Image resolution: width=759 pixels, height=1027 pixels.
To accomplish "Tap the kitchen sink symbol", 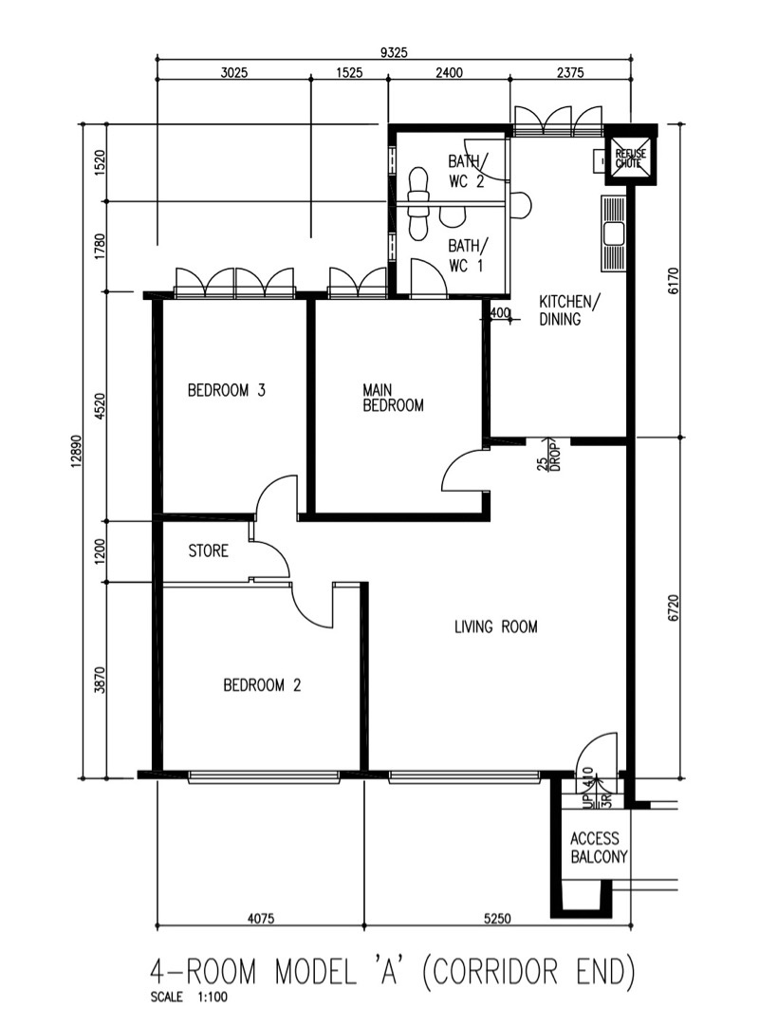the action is click(x=614, y=233).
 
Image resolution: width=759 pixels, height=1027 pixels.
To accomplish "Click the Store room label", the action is click(x=208, y=551).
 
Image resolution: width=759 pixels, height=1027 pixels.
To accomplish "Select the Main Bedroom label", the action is click(x=393, y=398).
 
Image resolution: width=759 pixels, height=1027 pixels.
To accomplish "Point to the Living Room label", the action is click(x=496, y=626).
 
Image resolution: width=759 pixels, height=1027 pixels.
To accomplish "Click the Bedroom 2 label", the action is click(x=262, y=685).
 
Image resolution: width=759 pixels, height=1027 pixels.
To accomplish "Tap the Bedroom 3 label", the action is click(x=227, y=390).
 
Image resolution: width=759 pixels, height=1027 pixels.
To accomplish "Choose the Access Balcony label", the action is click(x=599, y=848).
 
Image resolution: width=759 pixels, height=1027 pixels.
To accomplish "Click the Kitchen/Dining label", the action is click(x=565, y=309).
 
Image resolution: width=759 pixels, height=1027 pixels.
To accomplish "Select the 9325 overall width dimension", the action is click(x=394, y=52).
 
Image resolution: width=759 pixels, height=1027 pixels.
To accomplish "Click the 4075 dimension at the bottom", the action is click(x=261, y=918).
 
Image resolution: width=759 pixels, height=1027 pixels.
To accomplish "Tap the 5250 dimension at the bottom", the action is click(x=497, y=918).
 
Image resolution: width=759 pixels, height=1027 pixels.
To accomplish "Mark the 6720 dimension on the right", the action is click(x=676, y=607).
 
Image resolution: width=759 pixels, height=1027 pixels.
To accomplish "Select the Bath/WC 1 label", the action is click(x=468, y=255).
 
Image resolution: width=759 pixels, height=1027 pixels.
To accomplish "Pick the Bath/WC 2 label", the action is click(x=468, y=170).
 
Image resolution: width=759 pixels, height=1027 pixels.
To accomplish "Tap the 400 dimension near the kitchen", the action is click(x=500, y=313).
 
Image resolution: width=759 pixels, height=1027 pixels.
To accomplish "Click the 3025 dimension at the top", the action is click(x=233, y=72).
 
